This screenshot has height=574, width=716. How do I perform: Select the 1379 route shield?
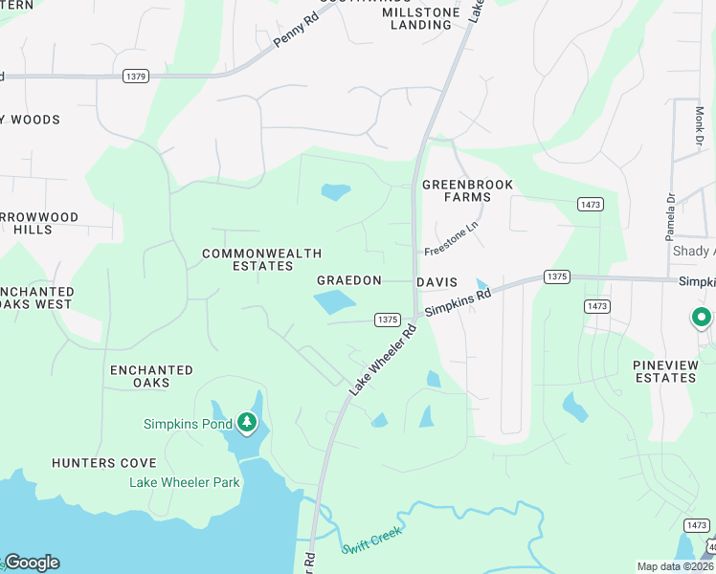(x=135, y=76)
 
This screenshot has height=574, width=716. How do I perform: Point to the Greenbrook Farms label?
(x=468, y=190)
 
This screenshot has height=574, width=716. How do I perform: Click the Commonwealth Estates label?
(x=248, y=259)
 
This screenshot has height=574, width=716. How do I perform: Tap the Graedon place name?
(x=349, y=280)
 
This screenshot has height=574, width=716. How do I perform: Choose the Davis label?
(x=436, y=283)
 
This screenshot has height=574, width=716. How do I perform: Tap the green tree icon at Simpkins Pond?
(x=247, y=422)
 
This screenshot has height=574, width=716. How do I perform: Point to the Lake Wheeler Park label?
(x=185, y=482)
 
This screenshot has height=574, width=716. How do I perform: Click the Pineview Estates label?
(x=664, y=371)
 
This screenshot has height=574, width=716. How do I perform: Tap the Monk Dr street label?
(x=699, y=127)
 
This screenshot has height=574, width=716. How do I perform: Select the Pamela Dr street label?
(x=670, y=217)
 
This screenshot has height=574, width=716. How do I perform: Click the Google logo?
(x=32, y=563)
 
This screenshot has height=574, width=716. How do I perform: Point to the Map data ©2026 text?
(x=675, y=566)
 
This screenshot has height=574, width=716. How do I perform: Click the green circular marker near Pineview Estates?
(x=702, y=317)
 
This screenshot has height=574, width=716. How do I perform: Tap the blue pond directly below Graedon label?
(x=334, y=303)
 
